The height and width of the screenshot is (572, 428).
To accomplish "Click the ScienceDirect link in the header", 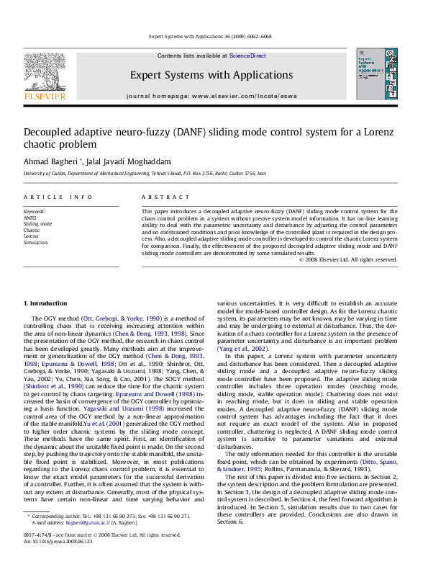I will tap(247, 55).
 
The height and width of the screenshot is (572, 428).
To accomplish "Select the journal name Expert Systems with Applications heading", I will tap(211, 75).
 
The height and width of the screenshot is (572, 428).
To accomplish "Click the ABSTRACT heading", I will tap(160, 197).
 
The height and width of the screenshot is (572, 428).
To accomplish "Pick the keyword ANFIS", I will tap(30, 217).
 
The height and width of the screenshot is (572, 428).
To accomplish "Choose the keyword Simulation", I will tap(36, 243).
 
